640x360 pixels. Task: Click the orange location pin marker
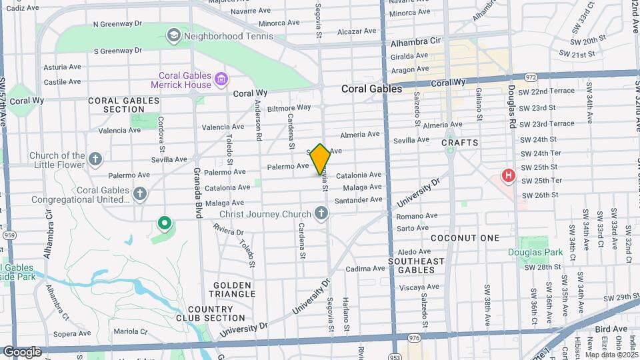click(321, 159)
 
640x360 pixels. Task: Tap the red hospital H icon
click(508, 176)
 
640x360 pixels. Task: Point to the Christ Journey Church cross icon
click(321, 213)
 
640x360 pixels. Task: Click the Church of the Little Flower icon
click(95, 159)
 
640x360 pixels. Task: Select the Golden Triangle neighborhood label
click(233, 289)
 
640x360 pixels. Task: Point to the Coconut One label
click(465, 238)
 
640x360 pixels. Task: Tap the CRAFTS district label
click(460, 143)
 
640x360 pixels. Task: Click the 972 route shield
click(531, 77)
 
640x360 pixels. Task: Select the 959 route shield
click(9, 235)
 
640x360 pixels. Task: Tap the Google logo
click(23, 351)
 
